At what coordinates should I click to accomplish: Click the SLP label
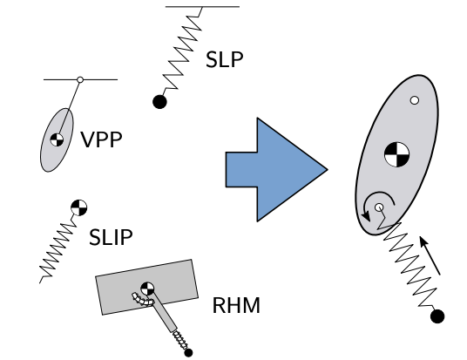point(225,60)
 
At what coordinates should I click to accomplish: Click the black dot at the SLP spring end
point(159,102)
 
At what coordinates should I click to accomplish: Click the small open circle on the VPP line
point(79,80)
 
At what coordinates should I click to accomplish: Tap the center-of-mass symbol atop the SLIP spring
point(78,207)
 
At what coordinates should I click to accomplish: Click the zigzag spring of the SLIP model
point(58,248)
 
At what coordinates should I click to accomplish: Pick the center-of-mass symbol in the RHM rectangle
point(146,287)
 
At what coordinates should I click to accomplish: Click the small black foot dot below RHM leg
point(187,352)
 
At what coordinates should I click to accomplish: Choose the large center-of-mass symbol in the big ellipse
point(396,153)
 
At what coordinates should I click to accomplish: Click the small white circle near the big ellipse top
point(415,100)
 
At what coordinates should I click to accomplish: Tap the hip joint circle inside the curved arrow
point(380,207)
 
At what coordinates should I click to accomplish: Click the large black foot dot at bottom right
point(437,316)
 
